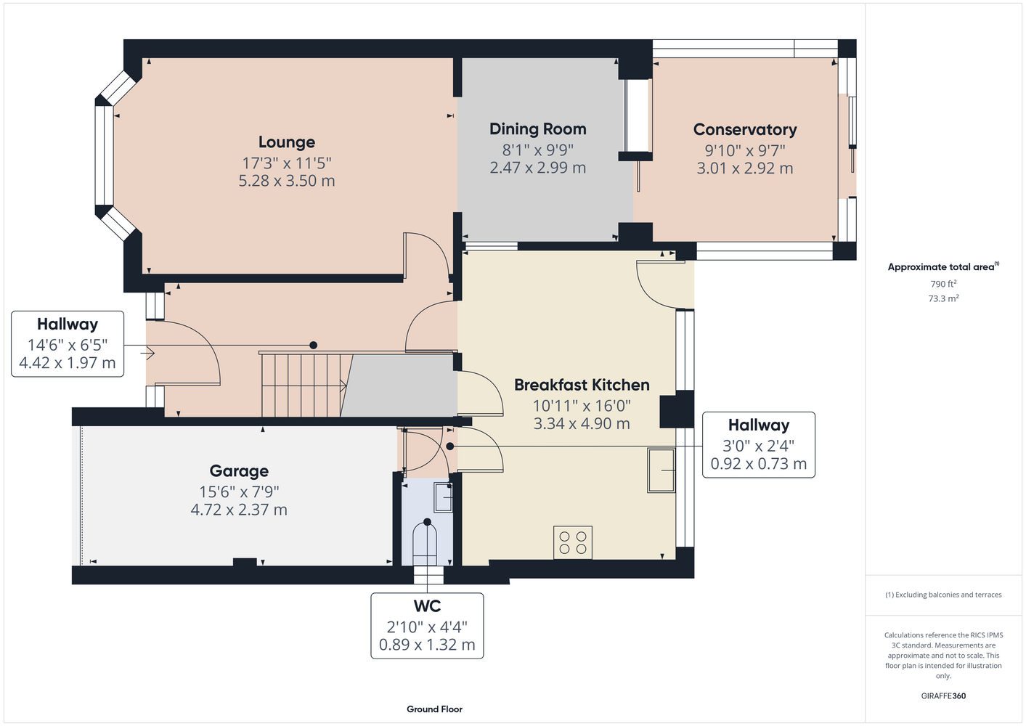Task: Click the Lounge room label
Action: [x=287, y=142]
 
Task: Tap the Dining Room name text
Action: [x=538, y=129]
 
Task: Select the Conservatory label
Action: [x=745, y=130]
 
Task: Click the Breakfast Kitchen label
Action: [x=582, y=385]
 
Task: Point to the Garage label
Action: [x=239, y=471]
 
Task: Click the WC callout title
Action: [x=427, y=606]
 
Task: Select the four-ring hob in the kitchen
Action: [x=573, y=542]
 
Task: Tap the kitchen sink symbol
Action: [x=661, y=470]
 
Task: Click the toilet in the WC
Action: [x=425, y=543]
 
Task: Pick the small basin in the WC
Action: [x=443, y=497]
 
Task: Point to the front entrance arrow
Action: [x=147, y=353]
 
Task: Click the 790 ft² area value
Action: [x=943, y=284]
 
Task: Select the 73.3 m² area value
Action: [x=943, y=298]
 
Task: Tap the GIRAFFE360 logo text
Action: [x=943, y=696]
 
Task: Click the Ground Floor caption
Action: [x=434, y=709]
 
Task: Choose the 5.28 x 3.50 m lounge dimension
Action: [x=287, y=181]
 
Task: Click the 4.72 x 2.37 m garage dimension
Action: [x=239, y=510]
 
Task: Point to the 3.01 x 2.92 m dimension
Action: [x=745, y=168]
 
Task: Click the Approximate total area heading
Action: [x=943, y=266]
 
